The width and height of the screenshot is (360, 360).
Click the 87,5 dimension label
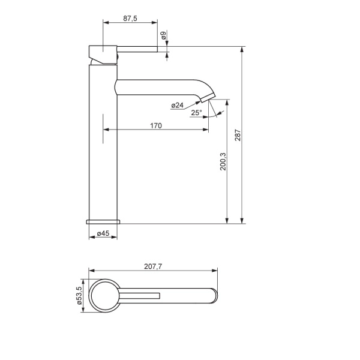click(130, 19)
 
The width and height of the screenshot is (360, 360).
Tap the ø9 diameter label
click(163, 35)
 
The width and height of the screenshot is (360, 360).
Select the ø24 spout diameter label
click(177, 105)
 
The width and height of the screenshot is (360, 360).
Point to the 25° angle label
click(197, 113)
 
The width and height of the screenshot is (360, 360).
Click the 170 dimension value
click(156, 125)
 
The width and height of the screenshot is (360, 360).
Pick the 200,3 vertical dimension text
click(223, 161)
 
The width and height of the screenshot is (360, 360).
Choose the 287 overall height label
click(238, 135)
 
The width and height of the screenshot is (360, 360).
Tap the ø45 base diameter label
click(103, 233)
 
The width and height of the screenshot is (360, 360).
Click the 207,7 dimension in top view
click(153, 266)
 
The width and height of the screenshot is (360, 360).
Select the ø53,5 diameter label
click(79, 295)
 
